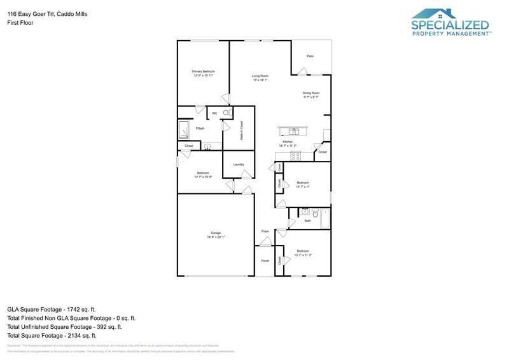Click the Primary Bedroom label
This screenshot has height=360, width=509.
[x=204, y=71]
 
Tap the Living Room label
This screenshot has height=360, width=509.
[x=260, y=76]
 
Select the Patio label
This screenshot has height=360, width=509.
[x=310, y=57]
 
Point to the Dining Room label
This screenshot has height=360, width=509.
[x=310, y=93]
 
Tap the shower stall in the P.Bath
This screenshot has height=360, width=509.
[x=184, y=130]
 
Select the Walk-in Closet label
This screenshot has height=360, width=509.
[x=242, y=130]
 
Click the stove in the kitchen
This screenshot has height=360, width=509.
[x=295, y=155]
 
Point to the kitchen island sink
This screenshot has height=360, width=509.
[x=293, y=131]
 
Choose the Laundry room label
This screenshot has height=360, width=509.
[x=239, y=165]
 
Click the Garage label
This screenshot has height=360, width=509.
[x=216, y=232]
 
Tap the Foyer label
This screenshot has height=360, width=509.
[x=265, y=231]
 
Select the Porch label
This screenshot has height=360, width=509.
[x=265, y=261]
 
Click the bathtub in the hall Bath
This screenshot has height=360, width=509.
[x=324, y=219]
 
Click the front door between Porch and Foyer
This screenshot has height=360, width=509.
[x=265, y=246]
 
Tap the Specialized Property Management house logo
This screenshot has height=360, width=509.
[x=435, y=13]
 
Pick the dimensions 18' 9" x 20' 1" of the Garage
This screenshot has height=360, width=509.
[x=216, y=237]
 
